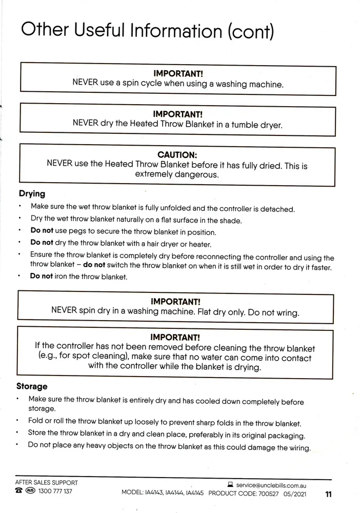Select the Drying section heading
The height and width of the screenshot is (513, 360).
pos(32,194)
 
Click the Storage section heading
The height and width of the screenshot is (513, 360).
pos(32,386)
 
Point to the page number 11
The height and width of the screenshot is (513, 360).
pos(329,495)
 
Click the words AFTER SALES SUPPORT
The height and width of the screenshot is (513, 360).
pos(46,483)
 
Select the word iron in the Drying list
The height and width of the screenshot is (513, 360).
pos(63,277)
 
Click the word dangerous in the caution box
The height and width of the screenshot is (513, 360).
pos(198,175)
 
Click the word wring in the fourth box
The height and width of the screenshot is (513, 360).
pos(287,311)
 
